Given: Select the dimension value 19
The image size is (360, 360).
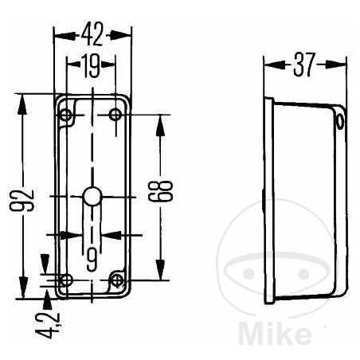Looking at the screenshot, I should coord(90,66).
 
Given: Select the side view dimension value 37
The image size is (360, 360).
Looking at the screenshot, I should coord(303,66).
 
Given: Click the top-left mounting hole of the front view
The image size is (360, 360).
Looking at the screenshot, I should coord(65,116).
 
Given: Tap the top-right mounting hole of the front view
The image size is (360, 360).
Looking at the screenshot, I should coord(117,115).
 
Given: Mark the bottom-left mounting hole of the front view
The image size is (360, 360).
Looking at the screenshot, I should coord(65,280).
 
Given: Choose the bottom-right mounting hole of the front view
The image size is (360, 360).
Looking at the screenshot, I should coord(118,280).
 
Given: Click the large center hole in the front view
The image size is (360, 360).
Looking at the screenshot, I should coord(92,195).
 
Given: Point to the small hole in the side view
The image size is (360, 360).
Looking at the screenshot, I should coord(341,123).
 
